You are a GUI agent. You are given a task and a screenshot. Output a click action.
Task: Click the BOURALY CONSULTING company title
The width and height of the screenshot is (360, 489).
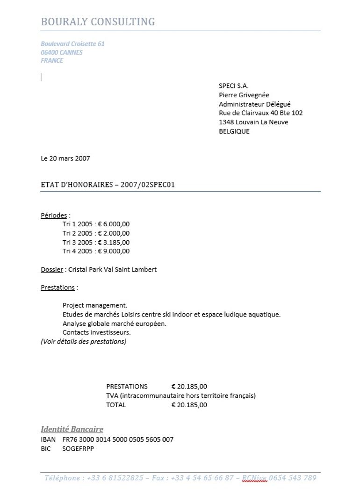98,22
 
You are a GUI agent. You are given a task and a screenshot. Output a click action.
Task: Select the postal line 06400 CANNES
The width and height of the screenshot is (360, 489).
62,52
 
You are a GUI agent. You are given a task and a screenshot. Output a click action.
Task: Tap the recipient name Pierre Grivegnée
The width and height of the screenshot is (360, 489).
244,95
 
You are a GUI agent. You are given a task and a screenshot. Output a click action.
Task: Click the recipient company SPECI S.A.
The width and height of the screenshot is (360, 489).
233,86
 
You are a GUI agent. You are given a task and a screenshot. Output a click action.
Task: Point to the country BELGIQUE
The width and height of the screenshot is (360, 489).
234,131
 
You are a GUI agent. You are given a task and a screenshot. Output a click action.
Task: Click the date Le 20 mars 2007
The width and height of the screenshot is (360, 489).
65,158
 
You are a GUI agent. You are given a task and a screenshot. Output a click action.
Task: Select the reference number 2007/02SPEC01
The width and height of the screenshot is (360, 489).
148,185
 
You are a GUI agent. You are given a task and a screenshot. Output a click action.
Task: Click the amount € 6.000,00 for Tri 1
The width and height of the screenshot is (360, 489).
114,224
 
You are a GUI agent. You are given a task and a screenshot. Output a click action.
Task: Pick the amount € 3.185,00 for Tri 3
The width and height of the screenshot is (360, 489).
114,242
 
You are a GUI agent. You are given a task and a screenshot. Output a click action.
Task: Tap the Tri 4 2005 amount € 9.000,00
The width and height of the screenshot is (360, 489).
114,251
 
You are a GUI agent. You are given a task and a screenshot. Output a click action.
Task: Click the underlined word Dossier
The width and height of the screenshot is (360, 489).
51,270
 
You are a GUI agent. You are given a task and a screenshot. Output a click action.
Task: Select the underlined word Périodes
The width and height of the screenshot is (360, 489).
54,216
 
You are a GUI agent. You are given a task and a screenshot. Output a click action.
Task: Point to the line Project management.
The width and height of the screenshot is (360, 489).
95,305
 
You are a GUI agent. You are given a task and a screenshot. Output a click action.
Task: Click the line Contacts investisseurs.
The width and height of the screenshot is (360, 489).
97,332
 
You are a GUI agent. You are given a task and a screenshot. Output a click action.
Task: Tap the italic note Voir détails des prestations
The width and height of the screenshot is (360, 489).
84,341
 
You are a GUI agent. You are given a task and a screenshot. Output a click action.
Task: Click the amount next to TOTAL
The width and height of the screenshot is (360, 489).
189,405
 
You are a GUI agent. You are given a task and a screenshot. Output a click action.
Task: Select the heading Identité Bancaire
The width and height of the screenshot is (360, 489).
72,429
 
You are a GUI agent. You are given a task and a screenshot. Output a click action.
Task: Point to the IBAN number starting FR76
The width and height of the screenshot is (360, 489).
118,439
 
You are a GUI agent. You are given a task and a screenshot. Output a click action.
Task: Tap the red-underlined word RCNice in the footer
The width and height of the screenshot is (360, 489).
254,478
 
